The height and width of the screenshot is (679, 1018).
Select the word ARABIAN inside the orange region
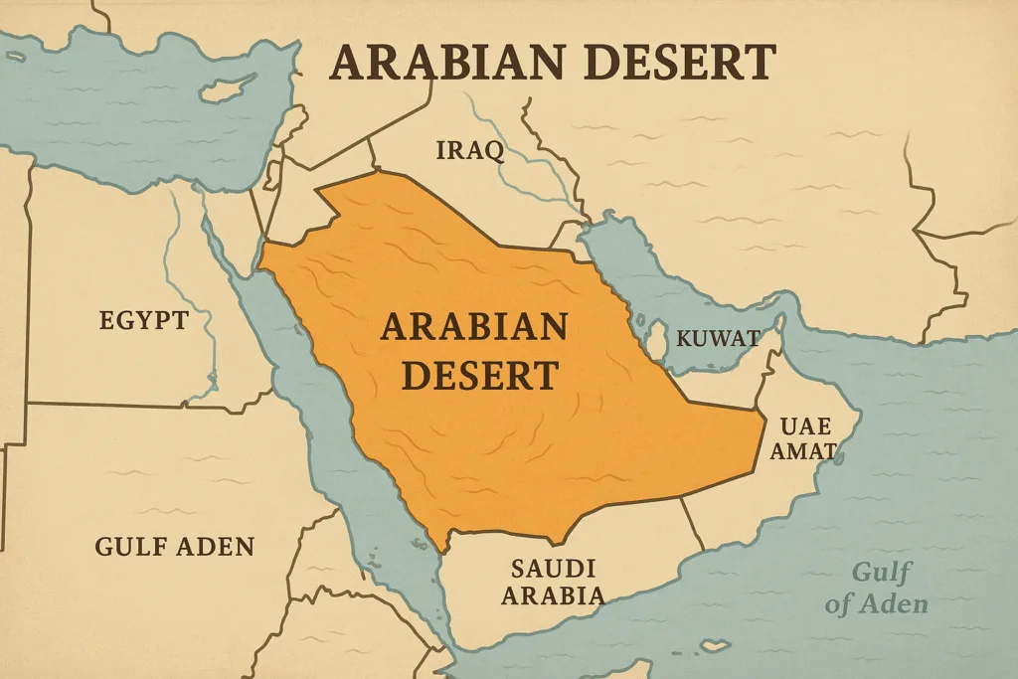[x=473, y=327]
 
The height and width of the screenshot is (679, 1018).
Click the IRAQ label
[x=470, y=151]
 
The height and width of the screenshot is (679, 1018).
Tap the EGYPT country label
[x=143, y=320]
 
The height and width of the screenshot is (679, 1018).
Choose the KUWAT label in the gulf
[x=717, y=338]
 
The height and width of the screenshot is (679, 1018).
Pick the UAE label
[x=804, y=426]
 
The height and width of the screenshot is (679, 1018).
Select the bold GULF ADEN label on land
[x=174, y=546]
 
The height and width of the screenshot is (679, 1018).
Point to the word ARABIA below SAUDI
[x=553, y=595]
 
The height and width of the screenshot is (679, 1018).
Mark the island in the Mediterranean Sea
[x=230, y=87]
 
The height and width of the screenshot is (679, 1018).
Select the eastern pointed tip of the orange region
[x=763, y=422]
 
